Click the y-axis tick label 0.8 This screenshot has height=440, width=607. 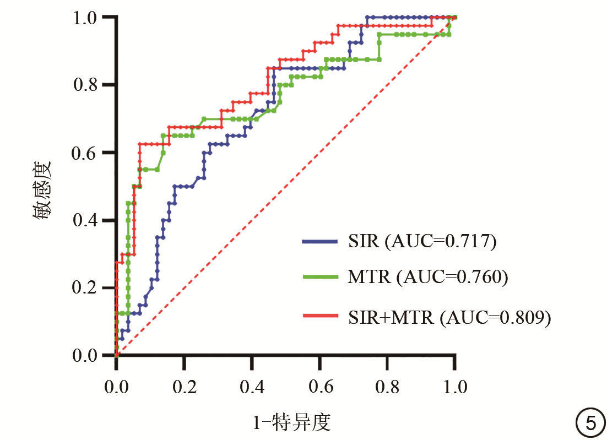[89, 85]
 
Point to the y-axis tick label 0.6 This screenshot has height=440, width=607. [89, 153]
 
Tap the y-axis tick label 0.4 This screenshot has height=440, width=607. [89, 220]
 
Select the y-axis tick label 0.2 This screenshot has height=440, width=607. [89, 288]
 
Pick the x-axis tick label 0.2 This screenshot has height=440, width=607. [183, 387]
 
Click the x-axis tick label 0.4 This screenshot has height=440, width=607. [251, 387]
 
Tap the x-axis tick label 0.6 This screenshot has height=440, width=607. [319, 387]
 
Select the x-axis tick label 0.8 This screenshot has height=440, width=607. [387, 387]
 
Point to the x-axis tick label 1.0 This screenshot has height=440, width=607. [454, 387]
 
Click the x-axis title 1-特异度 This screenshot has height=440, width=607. [291, 423]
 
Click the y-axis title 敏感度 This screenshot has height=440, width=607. [44, 190]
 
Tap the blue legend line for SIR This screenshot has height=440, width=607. [319, 241]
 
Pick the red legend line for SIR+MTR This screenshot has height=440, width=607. [319, 315]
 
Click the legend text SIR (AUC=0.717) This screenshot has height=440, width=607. [422, 241]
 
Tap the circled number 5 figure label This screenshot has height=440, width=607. [589, 423]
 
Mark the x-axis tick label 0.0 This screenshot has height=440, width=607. [116, 387]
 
